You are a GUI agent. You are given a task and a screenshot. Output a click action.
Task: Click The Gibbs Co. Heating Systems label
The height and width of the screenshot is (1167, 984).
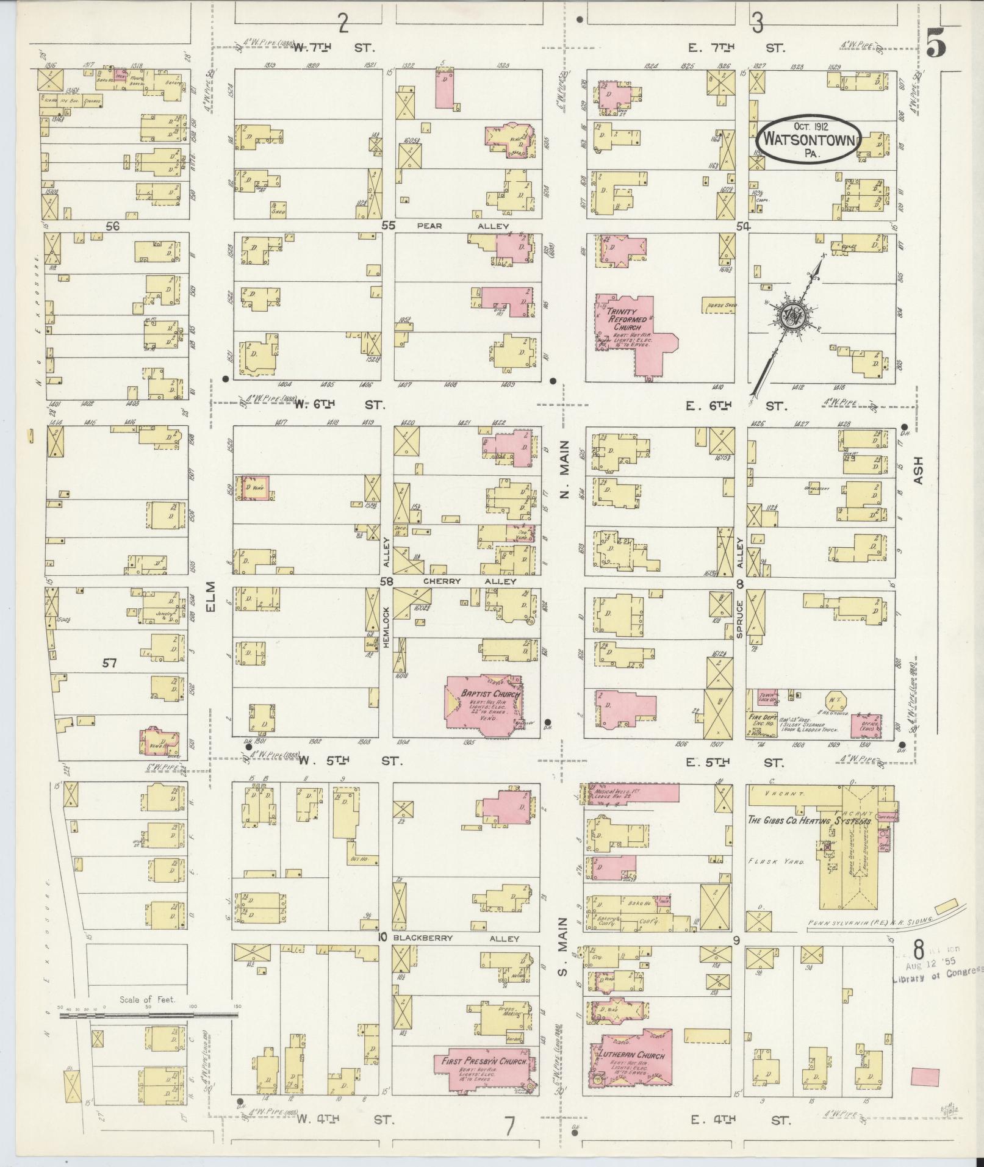coord(809,820)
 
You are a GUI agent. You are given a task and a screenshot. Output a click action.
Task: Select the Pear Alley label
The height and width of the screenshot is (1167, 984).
coord(462,226)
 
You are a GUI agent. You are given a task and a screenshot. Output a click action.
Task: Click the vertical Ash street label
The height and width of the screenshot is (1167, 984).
coord(919,471)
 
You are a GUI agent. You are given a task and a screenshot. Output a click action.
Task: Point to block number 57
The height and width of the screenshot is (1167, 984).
coord(109,662)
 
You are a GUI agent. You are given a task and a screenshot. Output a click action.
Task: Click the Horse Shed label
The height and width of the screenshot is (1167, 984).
coord(718,305)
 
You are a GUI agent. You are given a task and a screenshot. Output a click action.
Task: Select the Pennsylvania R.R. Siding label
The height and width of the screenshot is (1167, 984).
coord(869,923)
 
